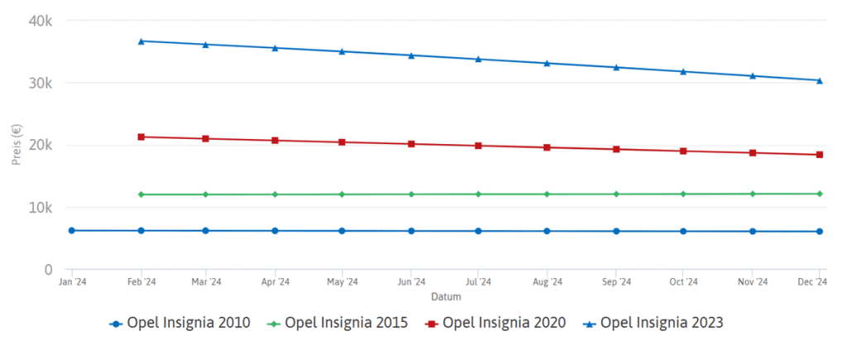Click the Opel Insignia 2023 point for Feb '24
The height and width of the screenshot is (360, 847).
141,41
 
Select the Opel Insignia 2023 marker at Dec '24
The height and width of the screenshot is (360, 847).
820,80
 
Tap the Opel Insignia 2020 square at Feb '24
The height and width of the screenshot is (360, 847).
141,137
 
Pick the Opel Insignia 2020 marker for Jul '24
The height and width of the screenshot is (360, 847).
478,146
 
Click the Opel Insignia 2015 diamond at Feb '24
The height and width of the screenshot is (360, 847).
141,194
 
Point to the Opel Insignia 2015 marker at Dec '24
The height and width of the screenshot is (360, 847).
820,194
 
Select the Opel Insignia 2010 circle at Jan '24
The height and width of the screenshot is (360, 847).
72,230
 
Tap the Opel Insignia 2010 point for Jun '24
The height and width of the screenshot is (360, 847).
411,231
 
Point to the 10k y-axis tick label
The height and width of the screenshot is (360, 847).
41,208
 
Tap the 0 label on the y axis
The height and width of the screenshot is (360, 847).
49,270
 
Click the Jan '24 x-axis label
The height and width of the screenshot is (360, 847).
73,282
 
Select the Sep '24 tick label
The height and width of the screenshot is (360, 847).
615,282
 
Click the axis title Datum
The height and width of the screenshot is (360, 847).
446,296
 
